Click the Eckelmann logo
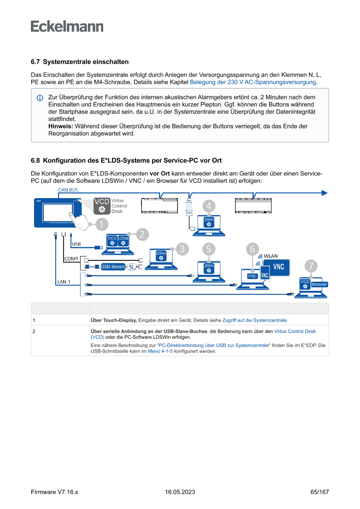coord(67,27)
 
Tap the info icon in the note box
coord(40,98)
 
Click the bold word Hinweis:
coord(61,126)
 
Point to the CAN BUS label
coord(68,190)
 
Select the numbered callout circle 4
coord(209,206)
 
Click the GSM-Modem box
coord(113,266)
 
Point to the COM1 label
coord(71,259)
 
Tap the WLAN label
coord(270,256)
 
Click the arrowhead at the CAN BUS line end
coord(324,193)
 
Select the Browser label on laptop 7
coord(319,284)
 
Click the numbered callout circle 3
coord(182,249)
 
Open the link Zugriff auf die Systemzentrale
coord(255,320)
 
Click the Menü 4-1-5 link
coord(160,351)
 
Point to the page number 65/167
coord(320,492)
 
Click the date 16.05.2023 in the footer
coord(180,492)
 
